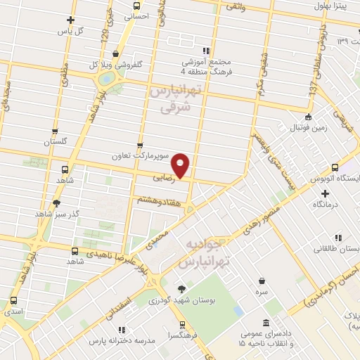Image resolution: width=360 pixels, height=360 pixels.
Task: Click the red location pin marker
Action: click(181, 165)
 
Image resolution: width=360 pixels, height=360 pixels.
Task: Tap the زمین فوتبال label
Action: click(308, 128)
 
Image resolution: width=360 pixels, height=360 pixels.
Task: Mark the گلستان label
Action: click(55, 142)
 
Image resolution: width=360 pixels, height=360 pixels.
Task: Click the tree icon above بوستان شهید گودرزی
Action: click(182, 288)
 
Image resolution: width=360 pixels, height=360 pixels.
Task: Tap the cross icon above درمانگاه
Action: click(325, 192)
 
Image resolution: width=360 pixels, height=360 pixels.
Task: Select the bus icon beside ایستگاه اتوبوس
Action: click(334, 169)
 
